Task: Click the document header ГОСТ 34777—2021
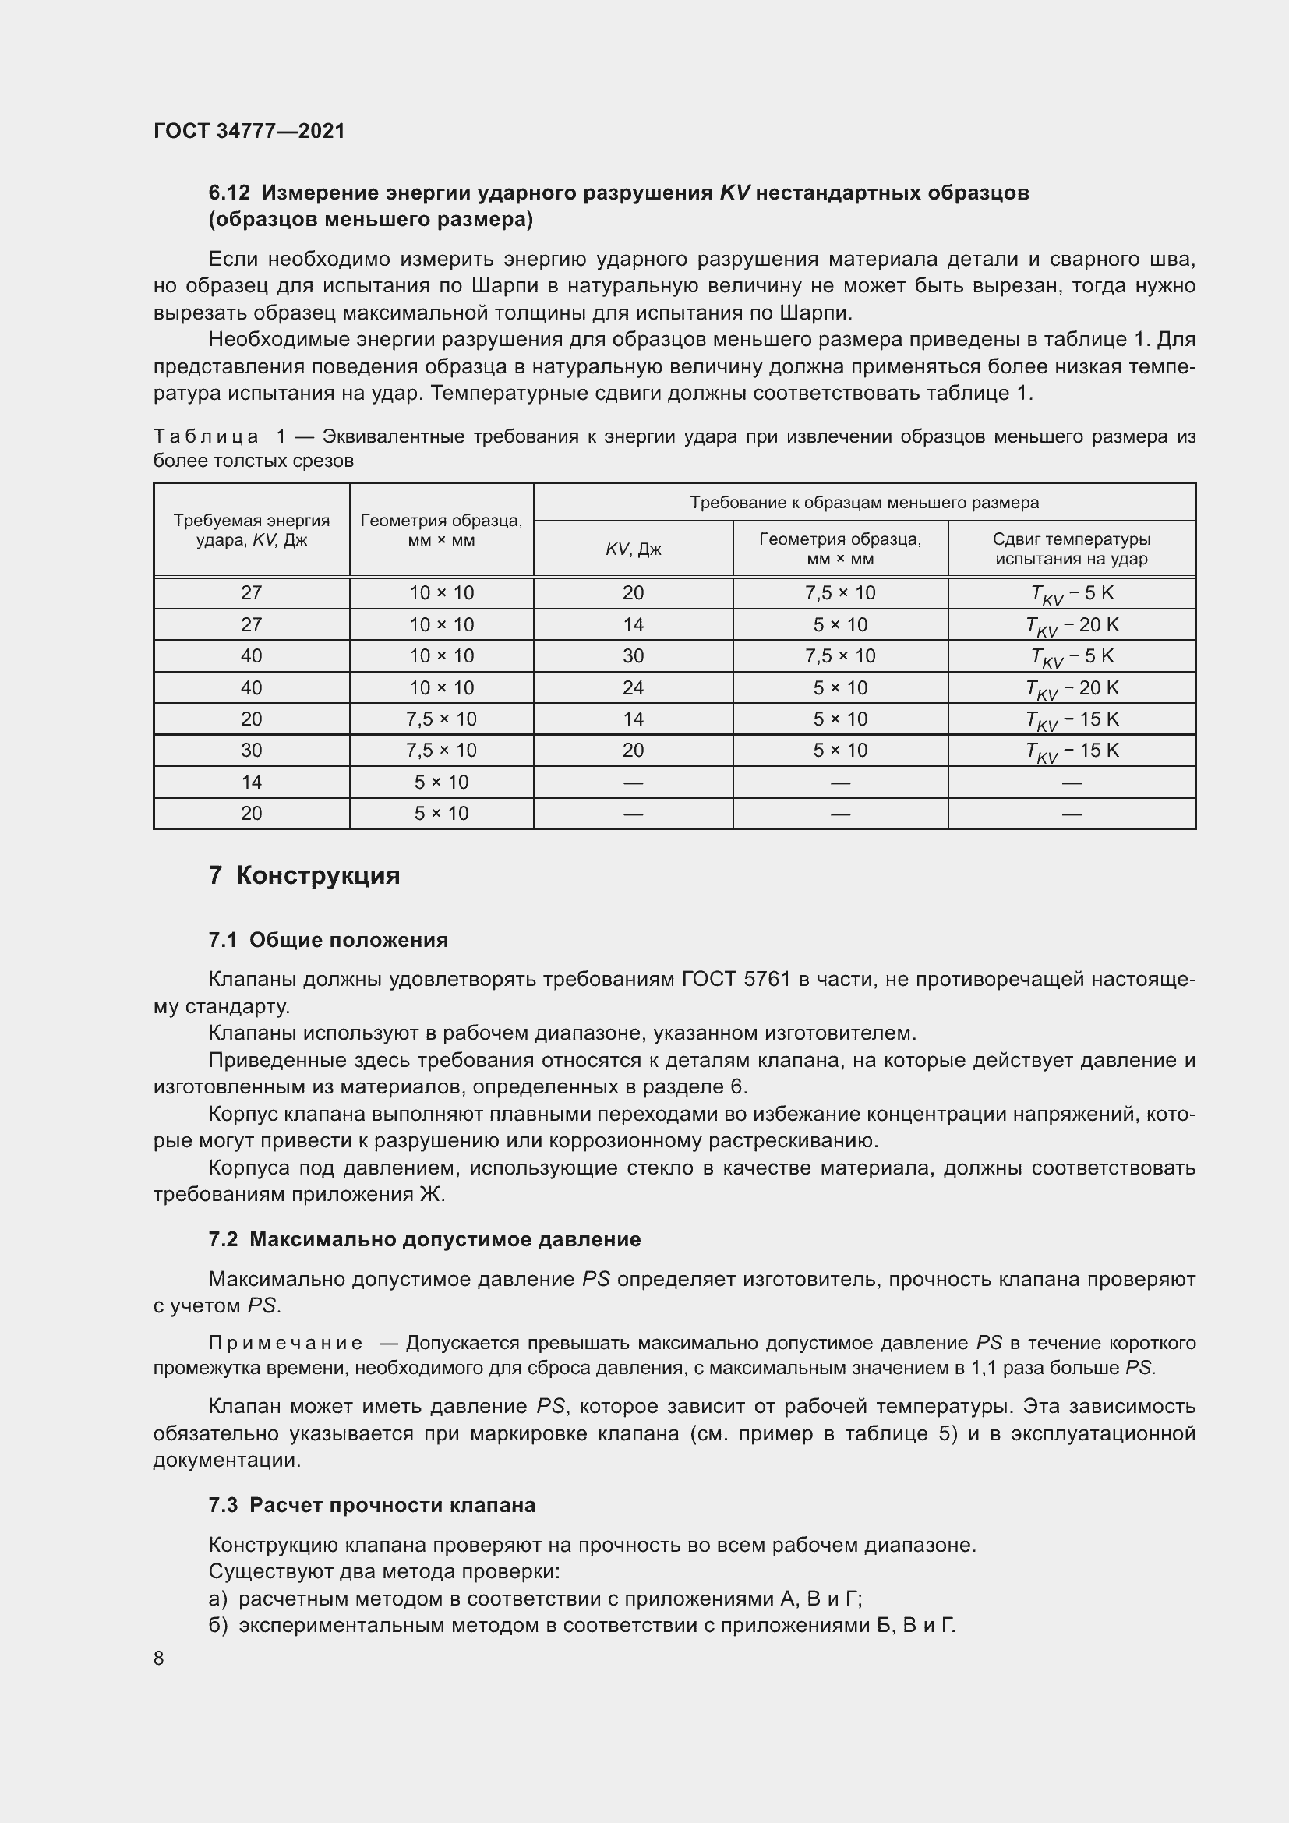pos(249,131)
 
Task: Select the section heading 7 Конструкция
pos(304,876)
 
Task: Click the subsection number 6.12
pos(229,193)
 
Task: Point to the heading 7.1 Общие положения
pos(328,940)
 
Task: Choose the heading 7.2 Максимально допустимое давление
pos(424,1239)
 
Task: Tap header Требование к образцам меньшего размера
pos(863,503)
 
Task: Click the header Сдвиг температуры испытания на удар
pos(1071,549)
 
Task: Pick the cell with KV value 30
pos(633,655)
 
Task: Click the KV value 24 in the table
pos(633,687)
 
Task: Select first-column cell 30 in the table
pos(252,751)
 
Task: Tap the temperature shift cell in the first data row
pos(1071,594)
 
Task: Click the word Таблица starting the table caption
pos(206,436)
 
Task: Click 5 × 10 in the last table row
pos(441,813)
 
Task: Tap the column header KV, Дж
pos(633,549)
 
